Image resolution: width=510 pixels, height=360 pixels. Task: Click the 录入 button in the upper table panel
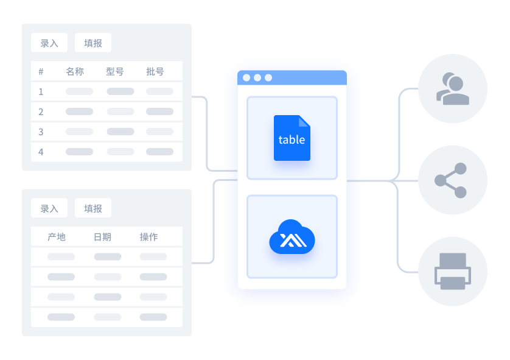point(49,43)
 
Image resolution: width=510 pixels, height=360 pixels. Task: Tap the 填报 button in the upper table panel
point(93,43)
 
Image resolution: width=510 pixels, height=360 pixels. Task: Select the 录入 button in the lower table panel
point(49,208)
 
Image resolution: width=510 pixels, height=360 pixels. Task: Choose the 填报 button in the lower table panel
point(93,208)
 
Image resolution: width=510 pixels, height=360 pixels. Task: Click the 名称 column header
point(75,72)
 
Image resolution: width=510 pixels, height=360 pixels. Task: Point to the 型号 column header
point(115,72)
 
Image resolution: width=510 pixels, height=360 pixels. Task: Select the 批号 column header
point(155,72)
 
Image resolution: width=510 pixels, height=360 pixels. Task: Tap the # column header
point(41,72)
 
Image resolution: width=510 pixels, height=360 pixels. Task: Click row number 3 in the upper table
point(41,132)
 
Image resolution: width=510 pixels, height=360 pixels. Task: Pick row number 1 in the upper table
point(41,92)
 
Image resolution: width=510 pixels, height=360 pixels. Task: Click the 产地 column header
point(57,237)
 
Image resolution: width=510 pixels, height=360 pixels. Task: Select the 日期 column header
point(102,237)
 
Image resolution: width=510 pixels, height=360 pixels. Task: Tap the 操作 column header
point(148,237)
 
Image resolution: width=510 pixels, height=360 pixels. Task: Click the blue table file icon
point(292,138)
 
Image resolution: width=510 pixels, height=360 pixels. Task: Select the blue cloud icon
point(292,236)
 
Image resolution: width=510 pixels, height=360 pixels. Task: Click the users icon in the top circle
point(452,88)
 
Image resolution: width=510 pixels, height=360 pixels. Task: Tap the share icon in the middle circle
point(451,180)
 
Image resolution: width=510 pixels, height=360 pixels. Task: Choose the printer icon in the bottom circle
point(453,272)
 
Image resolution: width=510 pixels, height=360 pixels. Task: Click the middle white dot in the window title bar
point(257,77)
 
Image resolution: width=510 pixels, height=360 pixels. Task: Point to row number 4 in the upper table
point(41,152)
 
